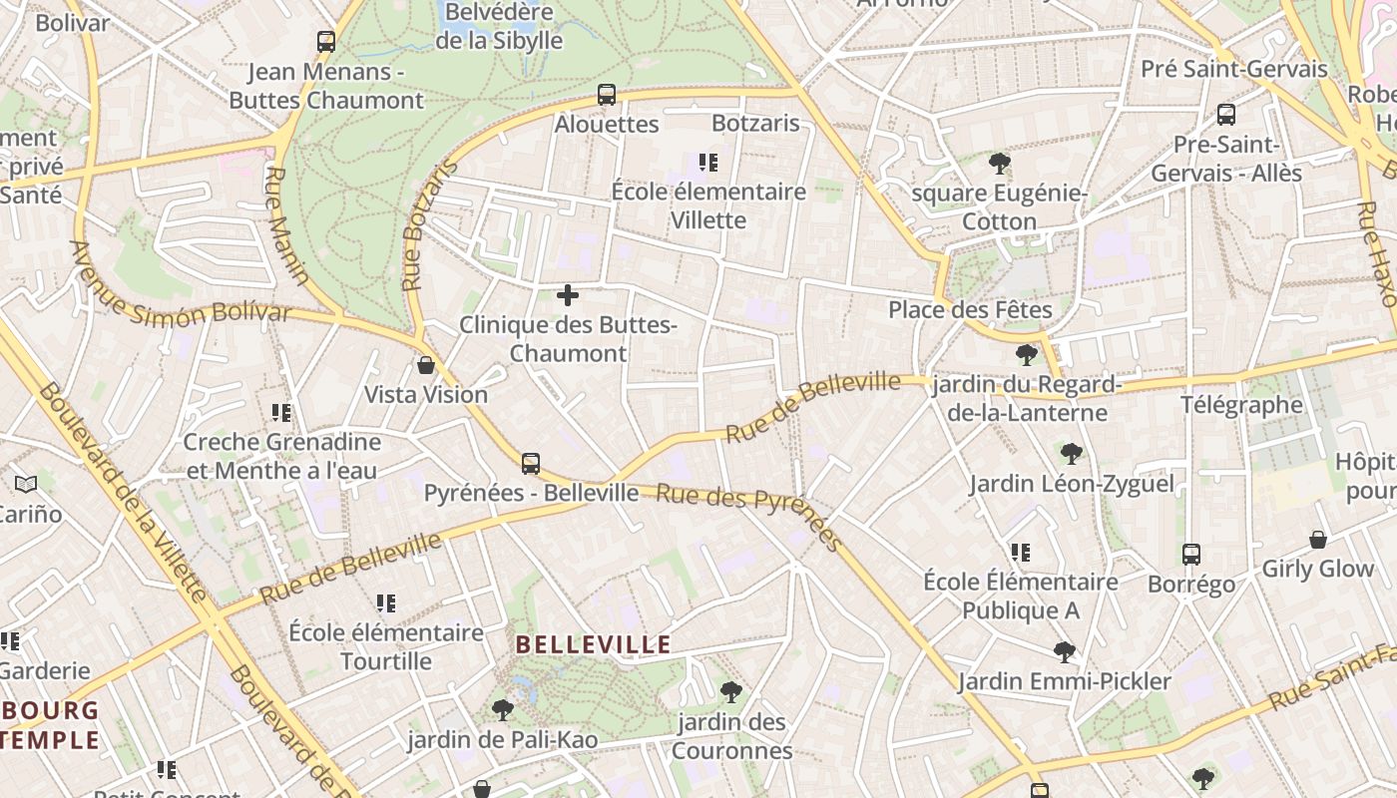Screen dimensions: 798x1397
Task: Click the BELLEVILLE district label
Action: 593,644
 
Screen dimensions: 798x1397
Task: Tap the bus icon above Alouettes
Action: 607,95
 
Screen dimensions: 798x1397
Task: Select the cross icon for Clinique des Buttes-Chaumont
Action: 568,295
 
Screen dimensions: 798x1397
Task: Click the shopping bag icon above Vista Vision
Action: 426,365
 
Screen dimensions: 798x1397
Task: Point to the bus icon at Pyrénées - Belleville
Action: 531,464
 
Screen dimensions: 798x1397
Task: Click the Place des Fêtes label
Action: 970,310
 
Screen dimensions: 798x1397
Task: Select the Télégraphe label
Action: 1241,405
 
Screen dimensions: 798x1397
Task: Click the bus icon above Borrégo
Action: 1191,555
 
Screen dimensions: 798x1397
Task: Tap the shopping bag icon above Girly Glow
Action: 1318,540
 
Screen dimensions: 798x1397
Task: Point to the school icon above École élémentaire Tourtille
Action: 386,603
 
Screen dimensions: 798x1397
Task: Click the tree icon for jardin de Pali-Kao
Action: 503,710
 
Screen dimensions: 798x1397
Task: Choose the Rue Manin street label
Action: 285,225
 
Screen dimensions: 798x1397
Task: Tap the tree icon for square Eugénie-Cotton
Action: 1000,164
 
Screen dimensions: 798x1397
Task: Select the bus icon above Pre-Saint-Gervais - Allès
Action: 1226,115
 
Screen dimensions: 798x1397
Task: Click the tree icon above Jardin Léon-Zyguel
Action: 1072,455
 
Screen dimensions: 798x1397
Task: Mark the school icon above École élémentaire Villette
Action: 708,162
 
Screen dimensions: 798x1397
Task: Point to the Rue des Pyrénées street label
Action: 748,516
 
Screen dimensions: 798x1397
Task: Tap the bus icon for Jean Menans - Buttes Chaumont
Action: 326,42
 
